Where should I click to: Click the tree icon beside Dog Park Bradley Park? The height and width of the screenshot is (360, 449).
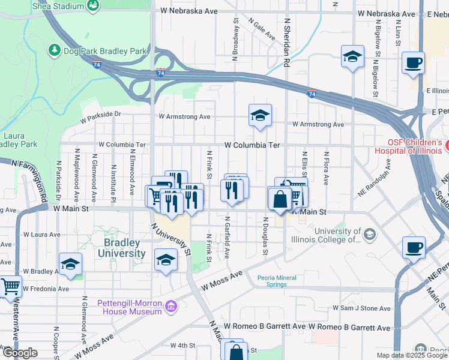pyautogui.click(x=55, y=51)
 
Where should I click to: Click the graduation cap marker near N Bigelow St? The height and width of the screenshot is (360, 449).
pyautogui.click(x=352, y=57)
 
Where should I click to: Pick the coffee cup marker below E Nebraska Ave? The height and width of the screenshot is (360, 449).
pyautogui.click(x=413, y=62)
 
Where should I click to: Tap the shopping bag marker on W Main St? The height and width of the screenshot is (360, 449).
pyautogui.click(x=280, y=199)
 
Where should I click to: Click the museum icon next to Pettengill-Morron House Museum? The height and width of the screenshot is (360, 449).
pyautogui.click(x=171, y=307)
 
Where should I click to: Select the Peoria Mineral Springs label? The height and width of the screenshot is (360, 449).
pyautogui.click(x=280, y=281)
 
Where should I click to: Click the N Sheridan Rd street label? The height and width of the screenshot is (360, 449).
pyautogui.click(x=287, y=42)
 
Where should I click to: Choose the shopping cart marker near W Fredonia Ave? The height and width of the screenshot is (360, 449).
pyautogui.click(x=10, y=287)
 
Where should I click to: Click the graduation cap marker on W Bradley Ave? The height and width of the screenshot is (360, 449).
pyautogui.click(x=70, y=264)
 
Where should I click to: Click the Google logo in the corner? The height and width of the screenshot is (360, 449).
pyautogui.click(x=20, y=353)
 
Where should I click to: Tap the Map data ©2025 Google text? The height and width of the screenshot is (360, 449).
pyautogui.click(x=411, y=355)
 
